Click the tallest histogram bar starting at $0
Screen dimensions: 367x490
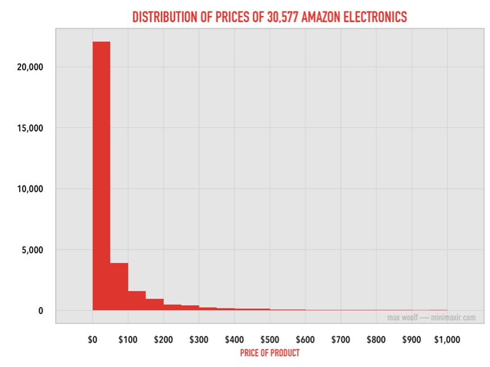click(x=101, y=176)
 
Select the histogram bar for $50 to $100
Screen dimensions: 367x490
click(x=119, y=286)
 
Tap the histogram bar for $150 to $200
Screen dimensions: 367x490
click(x=154, y=305)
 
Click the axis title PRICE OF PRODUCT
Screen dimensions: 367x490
click(x=270, y=353)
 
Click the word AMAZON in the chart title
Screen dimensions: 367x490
click(x=324, y=17)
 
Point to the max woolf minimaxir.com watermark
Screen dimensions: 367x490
click(x=432, y=318)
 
